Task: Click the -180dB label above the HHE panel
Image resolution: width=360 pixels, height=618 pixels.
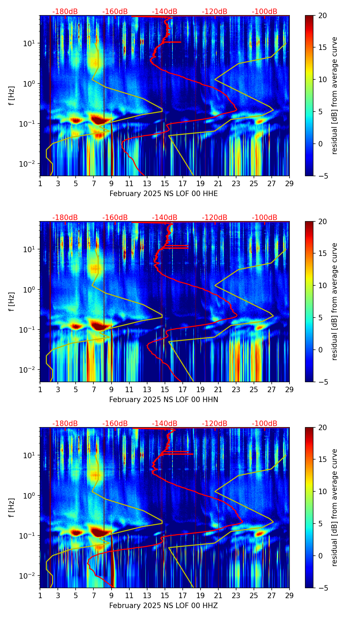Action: tap(65, 12)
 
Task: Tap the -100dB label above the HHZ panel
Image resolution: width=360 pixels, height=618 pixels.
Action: tap(265, 424)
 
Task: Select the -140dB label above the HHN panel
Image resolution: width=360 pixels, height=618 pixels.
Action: tap(165, 218)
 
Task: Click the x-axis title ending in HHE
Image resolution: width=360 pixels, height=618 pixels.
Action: tap(164, 194)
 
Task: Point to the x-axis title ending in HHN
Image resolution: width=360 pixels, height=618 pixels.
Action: tap(164, 400)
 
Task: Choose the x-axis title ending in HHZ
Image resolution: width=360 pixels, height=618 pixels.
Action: tap(164, 606)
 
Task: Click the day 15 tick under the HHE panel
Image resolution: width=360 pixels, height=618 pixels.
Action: tap(165, 183)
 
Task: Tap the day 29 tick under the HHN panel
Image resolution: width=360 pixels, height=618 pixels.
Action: tap(289, 389)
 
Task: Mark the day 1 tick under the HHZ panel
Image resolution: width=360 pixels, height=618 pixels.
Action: tap(40, 595)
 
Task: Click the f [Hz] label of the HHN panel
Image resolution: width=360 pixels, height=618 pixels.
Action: tap(12, 301)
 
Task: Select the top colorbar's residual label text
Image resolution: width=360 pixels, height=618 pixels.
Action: tap(335, 95)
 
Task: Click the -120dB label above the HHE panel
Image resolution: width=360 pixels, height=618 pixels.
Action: tap(215, 12)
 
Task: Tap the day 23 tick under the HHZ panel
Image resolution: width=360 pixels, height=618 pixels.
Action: tap(236, 595)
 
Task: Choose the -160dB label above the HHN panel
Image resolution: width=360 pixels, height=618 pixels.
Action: tap(115, 218)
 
